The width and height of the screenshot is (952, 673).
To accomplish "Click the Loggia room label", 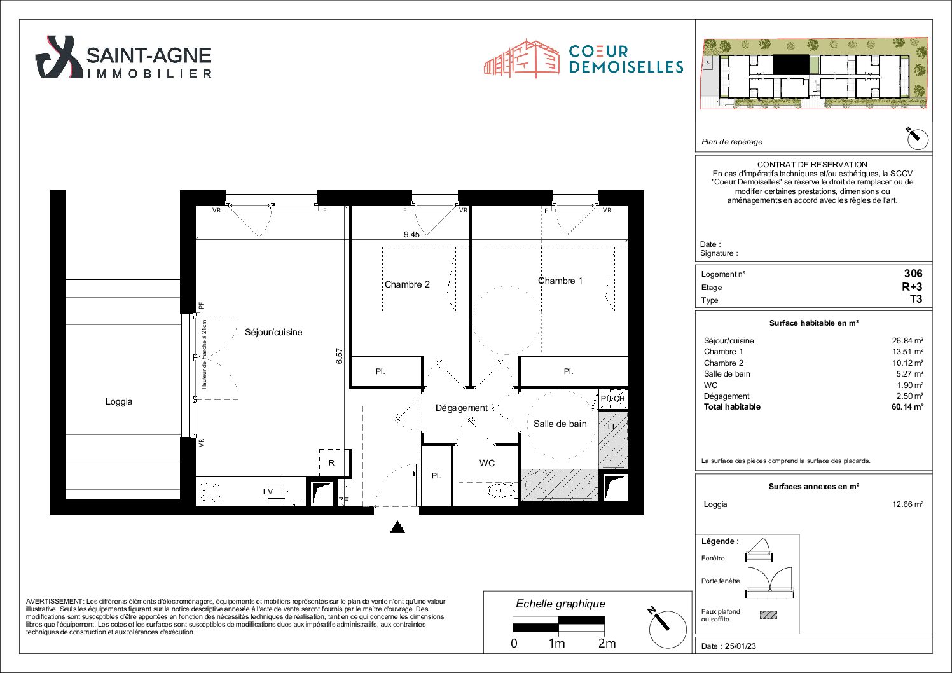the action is (x=118, y=401).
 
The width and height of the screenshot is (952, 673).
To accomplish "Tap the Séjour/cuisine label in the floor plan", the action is (x=273, y=332).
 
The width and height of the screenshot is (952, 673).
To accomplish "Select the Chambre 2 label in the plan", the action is (x=407, y=284).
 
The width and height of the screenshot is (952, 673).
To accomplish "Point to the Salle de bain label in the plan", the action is (x=560, y=424).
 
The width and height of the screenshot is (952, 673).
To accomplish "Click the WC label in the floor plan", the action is (x=487, y=463).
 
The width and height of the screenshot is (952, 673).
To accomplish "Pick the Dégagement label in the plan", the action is (x=462, y=408).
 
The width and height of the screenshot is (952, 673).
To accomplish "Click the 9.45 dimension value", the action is (x=411, y=234).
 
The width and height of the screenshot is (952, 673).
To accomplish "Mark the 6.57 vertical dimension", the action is (x=339, y=356).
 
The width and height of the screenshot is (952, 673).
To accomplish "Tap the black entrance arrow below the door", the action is (x=397, y=527).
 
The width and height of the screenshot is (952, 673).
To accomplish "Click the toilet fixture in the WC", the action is (x=503, y=491).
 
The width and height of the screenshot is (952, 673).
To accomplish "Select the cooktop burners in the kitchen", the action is (x=210, y=492).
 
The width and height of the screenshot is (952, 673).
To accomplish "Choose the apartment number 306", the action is (x=913, y=274).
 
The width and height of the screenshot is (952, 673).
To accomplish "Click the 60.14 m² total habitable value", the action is (x=907, y=407).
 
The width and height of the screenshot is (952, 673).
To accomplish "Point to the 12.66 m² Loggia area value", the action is (x=907, y=504).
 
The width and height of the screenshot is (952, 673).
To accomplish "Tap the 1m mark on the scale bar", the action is (x=556, y=644).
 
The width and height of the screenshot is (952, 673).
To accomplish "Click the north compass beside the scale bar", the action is (x=668, y=629).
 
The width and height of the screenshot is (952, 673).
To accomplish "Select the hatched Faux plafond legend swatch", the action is (x=768, y=614).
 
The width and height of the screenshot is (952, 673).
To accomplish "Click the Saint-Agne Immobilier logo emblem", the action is (x=59, y=57).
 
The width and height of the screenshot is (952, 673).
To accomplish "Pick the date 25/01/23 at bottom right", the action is (x=740, y=646).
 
